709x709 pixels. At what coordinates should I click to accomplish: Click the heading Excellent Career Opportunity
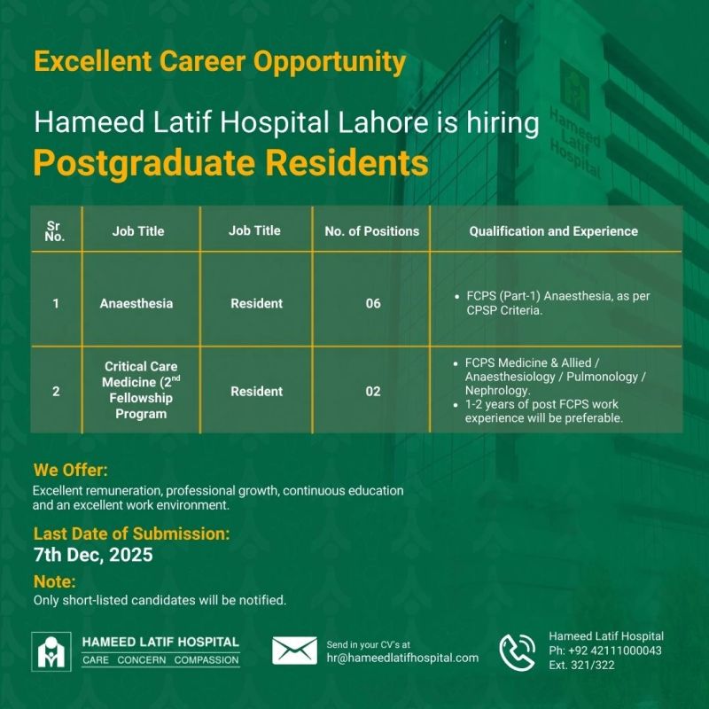pyautogui.click(x=220, y=61)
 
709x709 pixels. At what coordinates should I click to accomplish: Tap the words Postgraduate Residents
pyautogui.click(x=230, y=163)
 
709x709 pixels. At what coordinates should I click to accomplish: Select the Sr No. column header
pyautogui.click(x=55, y=230)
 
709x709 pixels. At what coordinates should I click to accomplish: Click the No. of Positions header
pyautogui.click(x=371, y=231)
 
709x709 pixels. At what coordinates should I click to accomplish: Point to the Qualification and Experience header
pyautogui.click(x=553, y=231)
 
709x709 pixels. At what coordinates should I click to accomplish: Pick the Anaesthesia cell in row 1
pyautogui.click(x=136, y=303)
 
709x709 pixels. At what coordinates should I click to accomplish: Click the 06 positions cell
pyautogui.click(x=372, y=303)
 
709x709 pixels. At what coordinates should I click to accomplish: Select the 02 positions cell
pyautogui.click(x=372, y=391)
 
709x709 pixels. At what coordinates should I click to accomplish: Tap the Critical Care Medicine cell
pyautogui.click(x=141, y=390)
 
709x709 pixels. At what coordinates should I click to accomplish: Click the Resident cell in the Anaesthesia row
pyautogui.click(x=256, y=303)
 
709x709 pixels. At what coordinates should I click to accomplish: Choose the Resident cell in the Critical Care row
pyautogui.click(x=256, y=391)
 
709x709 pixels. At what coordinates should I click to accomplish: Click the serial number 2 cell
pyautogui.click(x=56, y=391)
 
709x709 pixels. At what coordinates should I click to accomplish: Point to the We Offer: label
pyautogui.click(x=71, y=470)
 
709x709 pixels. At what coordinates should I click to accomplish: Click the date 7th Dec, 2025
pyautogui.click(x=93, y=555)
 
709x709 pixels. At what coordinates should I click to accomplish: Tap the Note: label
pyautogui.click(x=54, y=581)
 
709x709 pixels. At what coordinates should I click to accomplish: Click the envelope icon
pyautogui.click(x=294, y=651)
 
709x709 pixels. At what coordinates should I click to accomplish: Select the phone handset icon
pyautogui.click(x=518, y=652)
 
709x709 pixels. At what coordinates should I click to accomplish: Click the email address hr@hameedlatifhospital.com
pyautogui.click(x=402, y=658)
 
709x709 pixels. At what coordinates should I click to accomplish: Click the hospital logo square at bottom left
pyautogui.click(x=51, y=651)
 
